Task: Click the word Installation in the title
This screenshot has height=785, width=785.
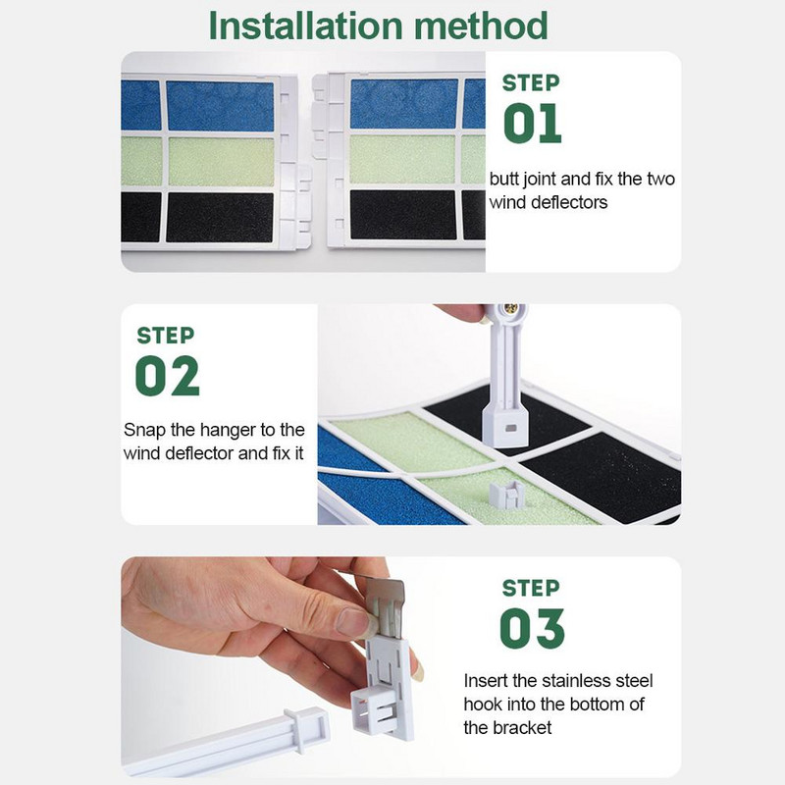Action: coord(305,26)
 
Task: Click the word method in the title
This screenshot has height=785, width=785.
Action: coord(481,26)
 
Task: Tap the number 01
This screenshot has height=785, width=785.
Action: coord(532,124)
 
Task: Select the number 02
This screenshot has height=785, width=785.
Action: coord(167,376)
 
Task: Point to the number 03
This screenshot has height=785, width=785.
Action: coord(532,628)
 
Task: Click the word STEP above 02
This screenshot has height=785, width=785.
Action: coord(166,336)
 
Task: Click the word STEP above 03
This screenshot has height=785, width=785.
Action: coord(531,588)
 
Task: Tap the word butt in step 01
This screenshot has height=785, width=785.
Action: coord(504,179)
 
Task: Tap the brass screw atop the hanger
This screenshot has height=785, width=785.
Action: coord(511,308)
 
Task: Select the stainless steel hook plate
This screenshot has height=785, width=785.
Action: coord(385,605)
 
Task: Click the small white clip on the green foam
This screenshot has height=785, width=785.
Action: coord(506,495)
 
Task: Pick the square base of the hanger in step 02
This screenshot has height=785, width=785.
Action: coord(504,427)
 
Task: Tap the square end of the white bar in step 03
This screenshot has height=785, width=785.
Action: coord(307,729)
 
